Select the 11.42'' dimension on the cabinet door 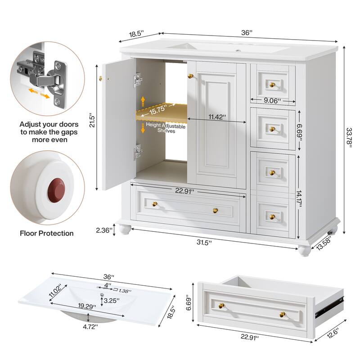[x=217, y=117]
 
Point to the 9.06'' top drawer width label [x=273, y=100]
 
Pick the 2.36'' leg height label [x=103, y=230]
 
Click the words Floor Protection [x=47, y=233]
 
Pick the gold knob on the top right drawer [x=272, y=85]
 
